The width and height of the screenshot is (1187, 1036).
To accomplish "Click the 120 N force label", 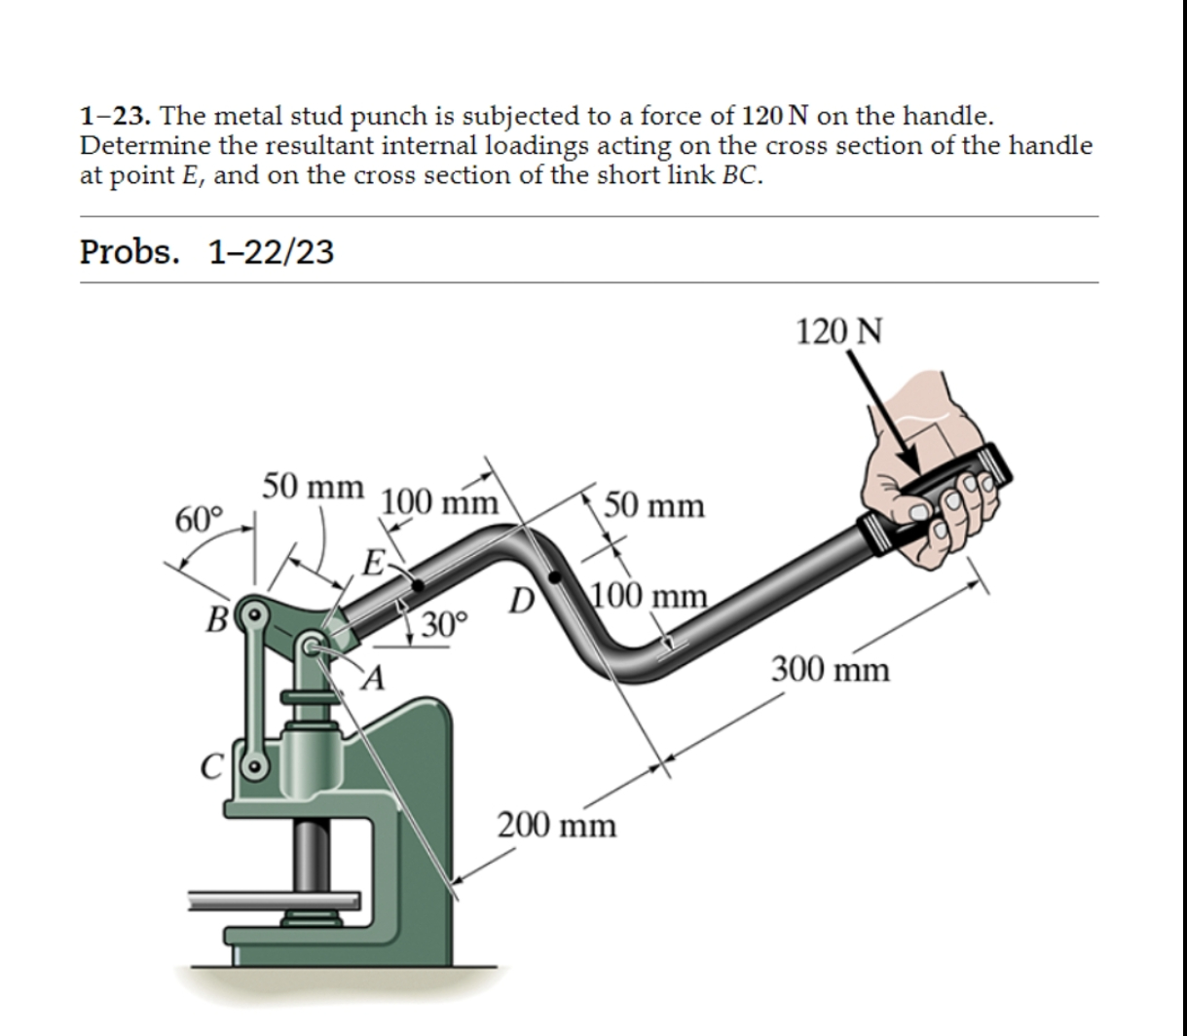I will click(x=839, y=331).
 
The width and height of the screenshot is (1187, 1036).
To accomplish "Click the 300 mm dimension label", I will click(x=831, y=670).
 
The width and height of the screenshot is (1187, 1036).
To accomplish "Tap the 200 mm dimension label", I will click(x=557, y=827).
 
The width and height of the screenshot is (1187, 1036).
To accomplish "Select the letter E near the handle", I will click(x=372, y=562).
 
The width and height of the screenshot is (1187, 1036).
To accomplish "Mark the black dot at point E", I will click(x=417, y=586).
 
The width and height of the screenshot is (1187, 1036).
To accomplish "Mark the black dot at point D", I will click(x=555, y=578).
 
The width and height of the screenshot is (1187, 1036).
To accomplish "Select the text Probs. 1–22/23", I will click(x=206, y=252).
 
